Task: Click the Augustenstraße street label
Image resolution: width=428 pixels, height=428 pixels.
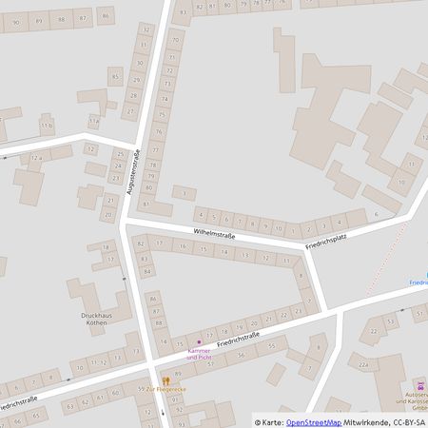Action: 132,172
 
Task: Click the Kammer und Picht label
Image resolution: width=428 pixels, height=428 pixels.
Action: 200,354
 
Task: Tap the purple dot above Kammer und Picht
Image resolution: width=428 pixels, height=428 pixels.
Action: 199,341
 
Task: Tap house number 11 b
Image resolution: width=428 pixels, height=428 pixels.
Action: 46,126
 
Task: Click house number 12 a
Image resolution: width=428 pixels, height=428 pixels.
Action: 35,157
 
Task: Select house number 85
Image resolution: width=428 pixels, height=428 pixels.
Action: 115,76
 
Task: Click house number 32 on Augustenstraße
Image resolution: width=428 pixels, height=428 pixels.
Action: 145,30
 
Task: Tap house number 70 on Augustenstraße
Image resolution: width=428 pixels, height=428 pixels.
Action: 173,41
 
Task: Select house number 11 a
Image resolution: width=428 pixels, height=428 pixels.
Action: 92,122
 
